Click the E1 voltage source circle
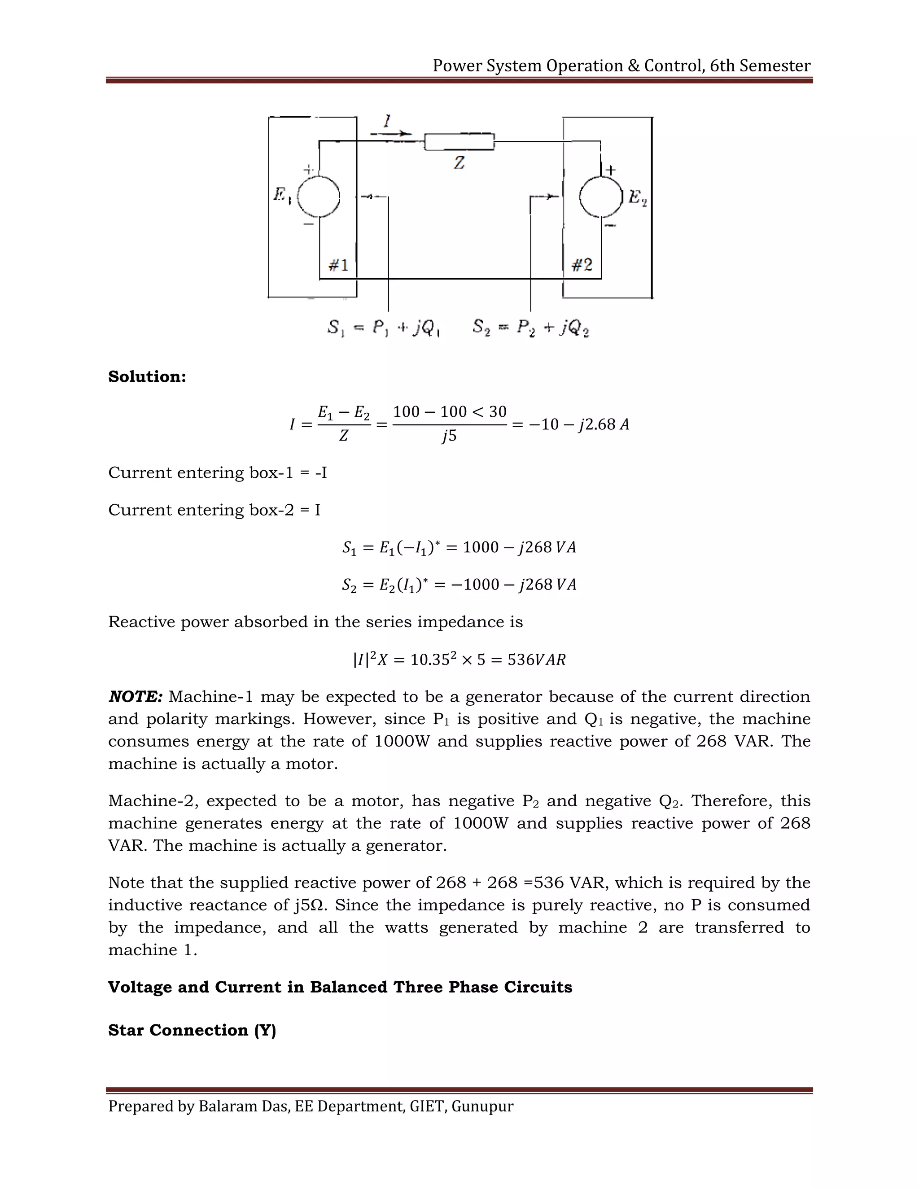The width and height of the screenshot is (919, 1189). (319, 197)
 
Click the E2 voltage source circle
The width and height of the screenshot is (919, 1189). (600, 197)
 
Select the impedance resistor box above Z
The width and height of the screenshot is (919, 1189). (459, 141)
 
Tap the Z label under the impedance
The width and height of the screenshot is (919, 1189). (459, 163)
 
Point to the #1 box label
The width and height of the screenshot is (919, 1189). (338, 265)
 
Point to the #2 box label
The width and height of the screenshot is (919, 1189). (582, 265)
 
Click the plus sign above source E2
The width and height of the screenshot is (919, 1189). (611, 170)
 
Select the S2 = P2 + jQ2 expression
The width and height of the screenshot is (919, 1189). (531, 328)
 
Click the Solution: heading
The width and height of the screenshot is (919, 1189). (147, 377)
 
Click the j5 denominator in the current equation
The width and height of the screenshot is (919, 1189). (449, 436)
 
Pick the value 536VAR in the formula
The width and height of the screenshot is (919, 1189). (536, 660)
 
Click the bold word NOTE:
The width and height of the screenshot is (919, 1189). (136, 697)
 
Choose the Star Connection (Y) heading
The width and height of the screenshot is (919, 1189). (192, 1030)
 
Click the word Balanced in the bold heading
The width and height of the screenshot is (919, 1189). (348, 987)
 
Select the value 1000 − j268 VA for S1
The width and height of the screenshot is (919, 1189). (519, 547)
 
